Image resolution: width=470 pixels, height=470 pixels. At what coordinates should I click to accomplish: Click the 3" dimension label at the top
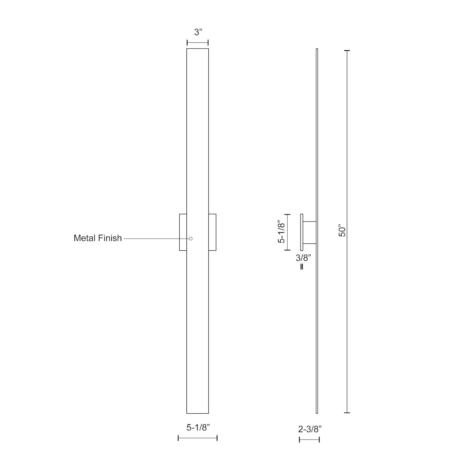coord(198,32)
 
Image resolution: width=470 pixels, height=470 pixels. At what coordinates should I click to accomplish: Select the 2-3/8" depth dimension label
coord(310,429)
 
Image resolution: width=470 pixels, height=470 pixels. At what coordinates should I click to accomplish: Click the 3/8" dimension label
coord(303,258)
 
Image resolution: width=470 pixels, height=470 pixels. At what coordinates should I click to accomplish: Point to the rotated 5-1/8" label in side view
coord(281,232)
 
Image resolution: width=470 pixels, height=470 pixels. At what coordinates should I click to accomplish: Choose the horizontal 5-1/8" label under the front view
coord(198,427)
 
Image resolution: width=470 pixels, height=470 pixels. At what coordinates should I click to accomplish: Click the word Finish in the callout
coord(109,238)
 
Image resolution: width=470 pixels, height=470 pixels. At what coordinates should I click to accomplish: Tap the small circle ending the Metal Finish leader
coord(191,238)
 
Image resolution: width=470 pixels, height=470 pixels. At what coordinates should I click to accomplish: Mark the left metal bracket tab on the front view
coord(183,232)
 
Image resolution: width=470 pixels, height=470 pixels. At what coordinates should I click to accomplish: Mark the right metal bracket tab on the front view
coord(212,232)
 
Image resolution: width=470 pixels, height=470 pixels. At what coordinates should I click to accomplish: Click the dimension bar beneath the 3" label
coord(198,43)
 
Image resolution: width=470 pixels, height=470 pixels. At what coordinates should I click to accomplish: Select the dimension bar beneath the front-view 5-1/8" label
coord(198,438)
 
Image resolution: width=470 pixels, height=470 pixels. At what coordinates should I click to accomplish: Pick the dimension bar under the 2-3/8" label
coord(309,440)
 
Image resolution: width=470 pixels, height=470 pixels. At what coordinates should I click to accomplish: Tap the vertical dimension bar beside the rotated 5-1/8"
coord(287,232)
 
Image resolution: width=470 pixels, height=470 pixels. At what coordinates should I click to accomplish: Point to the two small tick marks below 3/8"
coord(302,267)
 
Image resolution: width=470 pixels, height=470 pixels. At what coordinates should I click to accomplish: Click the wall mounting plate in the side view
coord(302,232)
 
